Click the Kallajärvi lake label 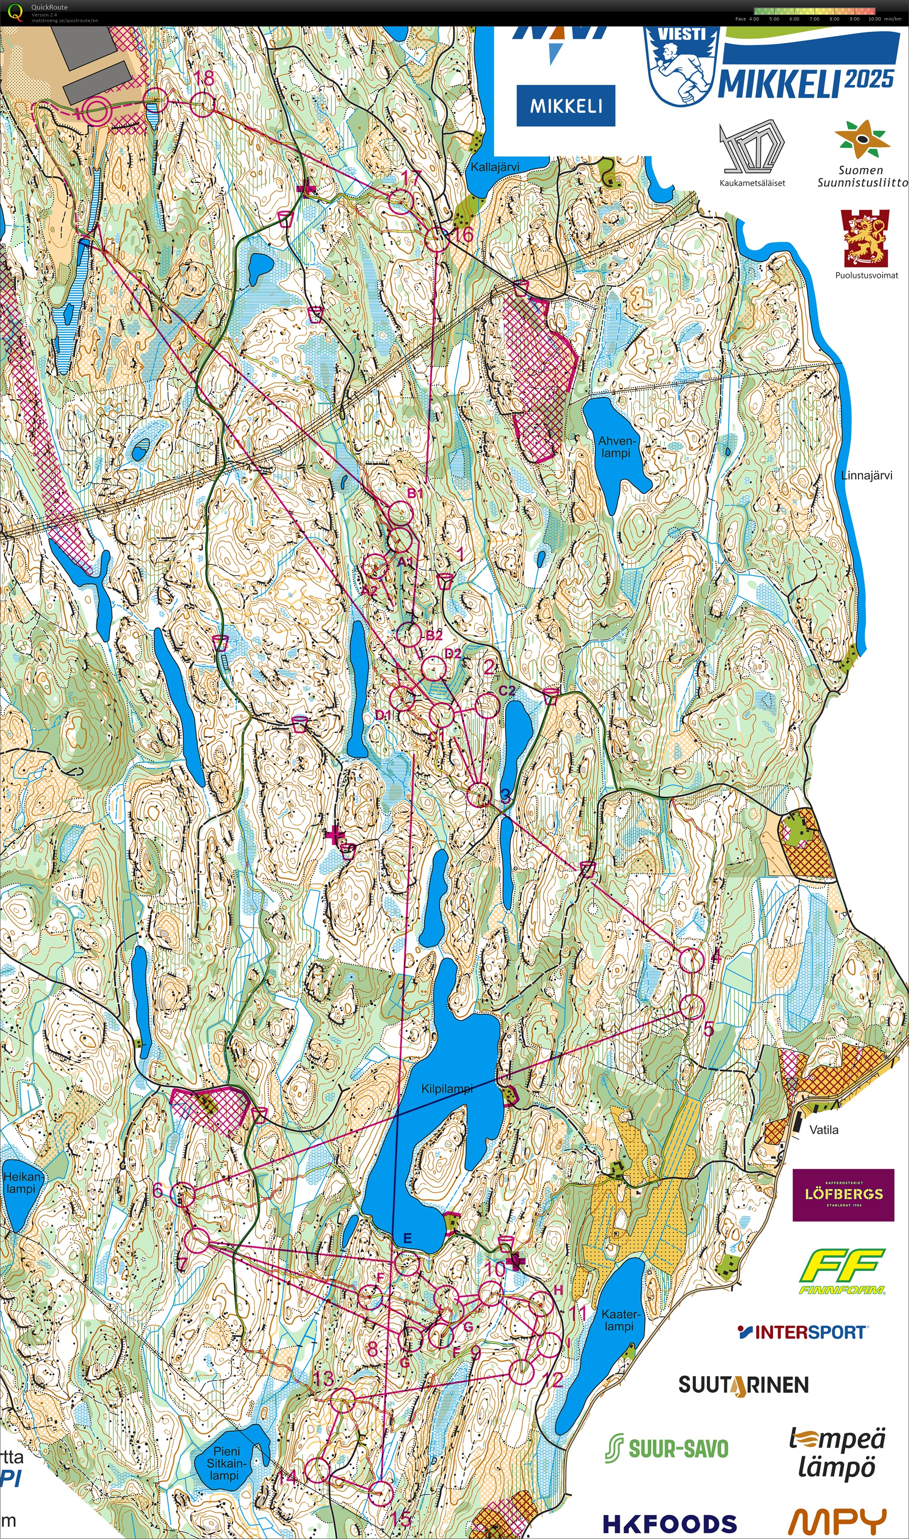(495, 166)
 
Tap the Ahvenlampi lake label (616, 447)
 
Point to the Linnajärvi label (866, 475)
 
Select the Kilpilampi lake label (447, 1089)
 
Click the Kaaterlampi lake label (619, 1320)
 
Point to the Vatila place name (824, 1130)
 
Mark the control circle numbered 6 (183, 1195)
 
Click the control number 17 (410, 178)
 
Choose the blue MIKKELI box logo (565, 105)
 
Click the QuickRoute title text (49, 7)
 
